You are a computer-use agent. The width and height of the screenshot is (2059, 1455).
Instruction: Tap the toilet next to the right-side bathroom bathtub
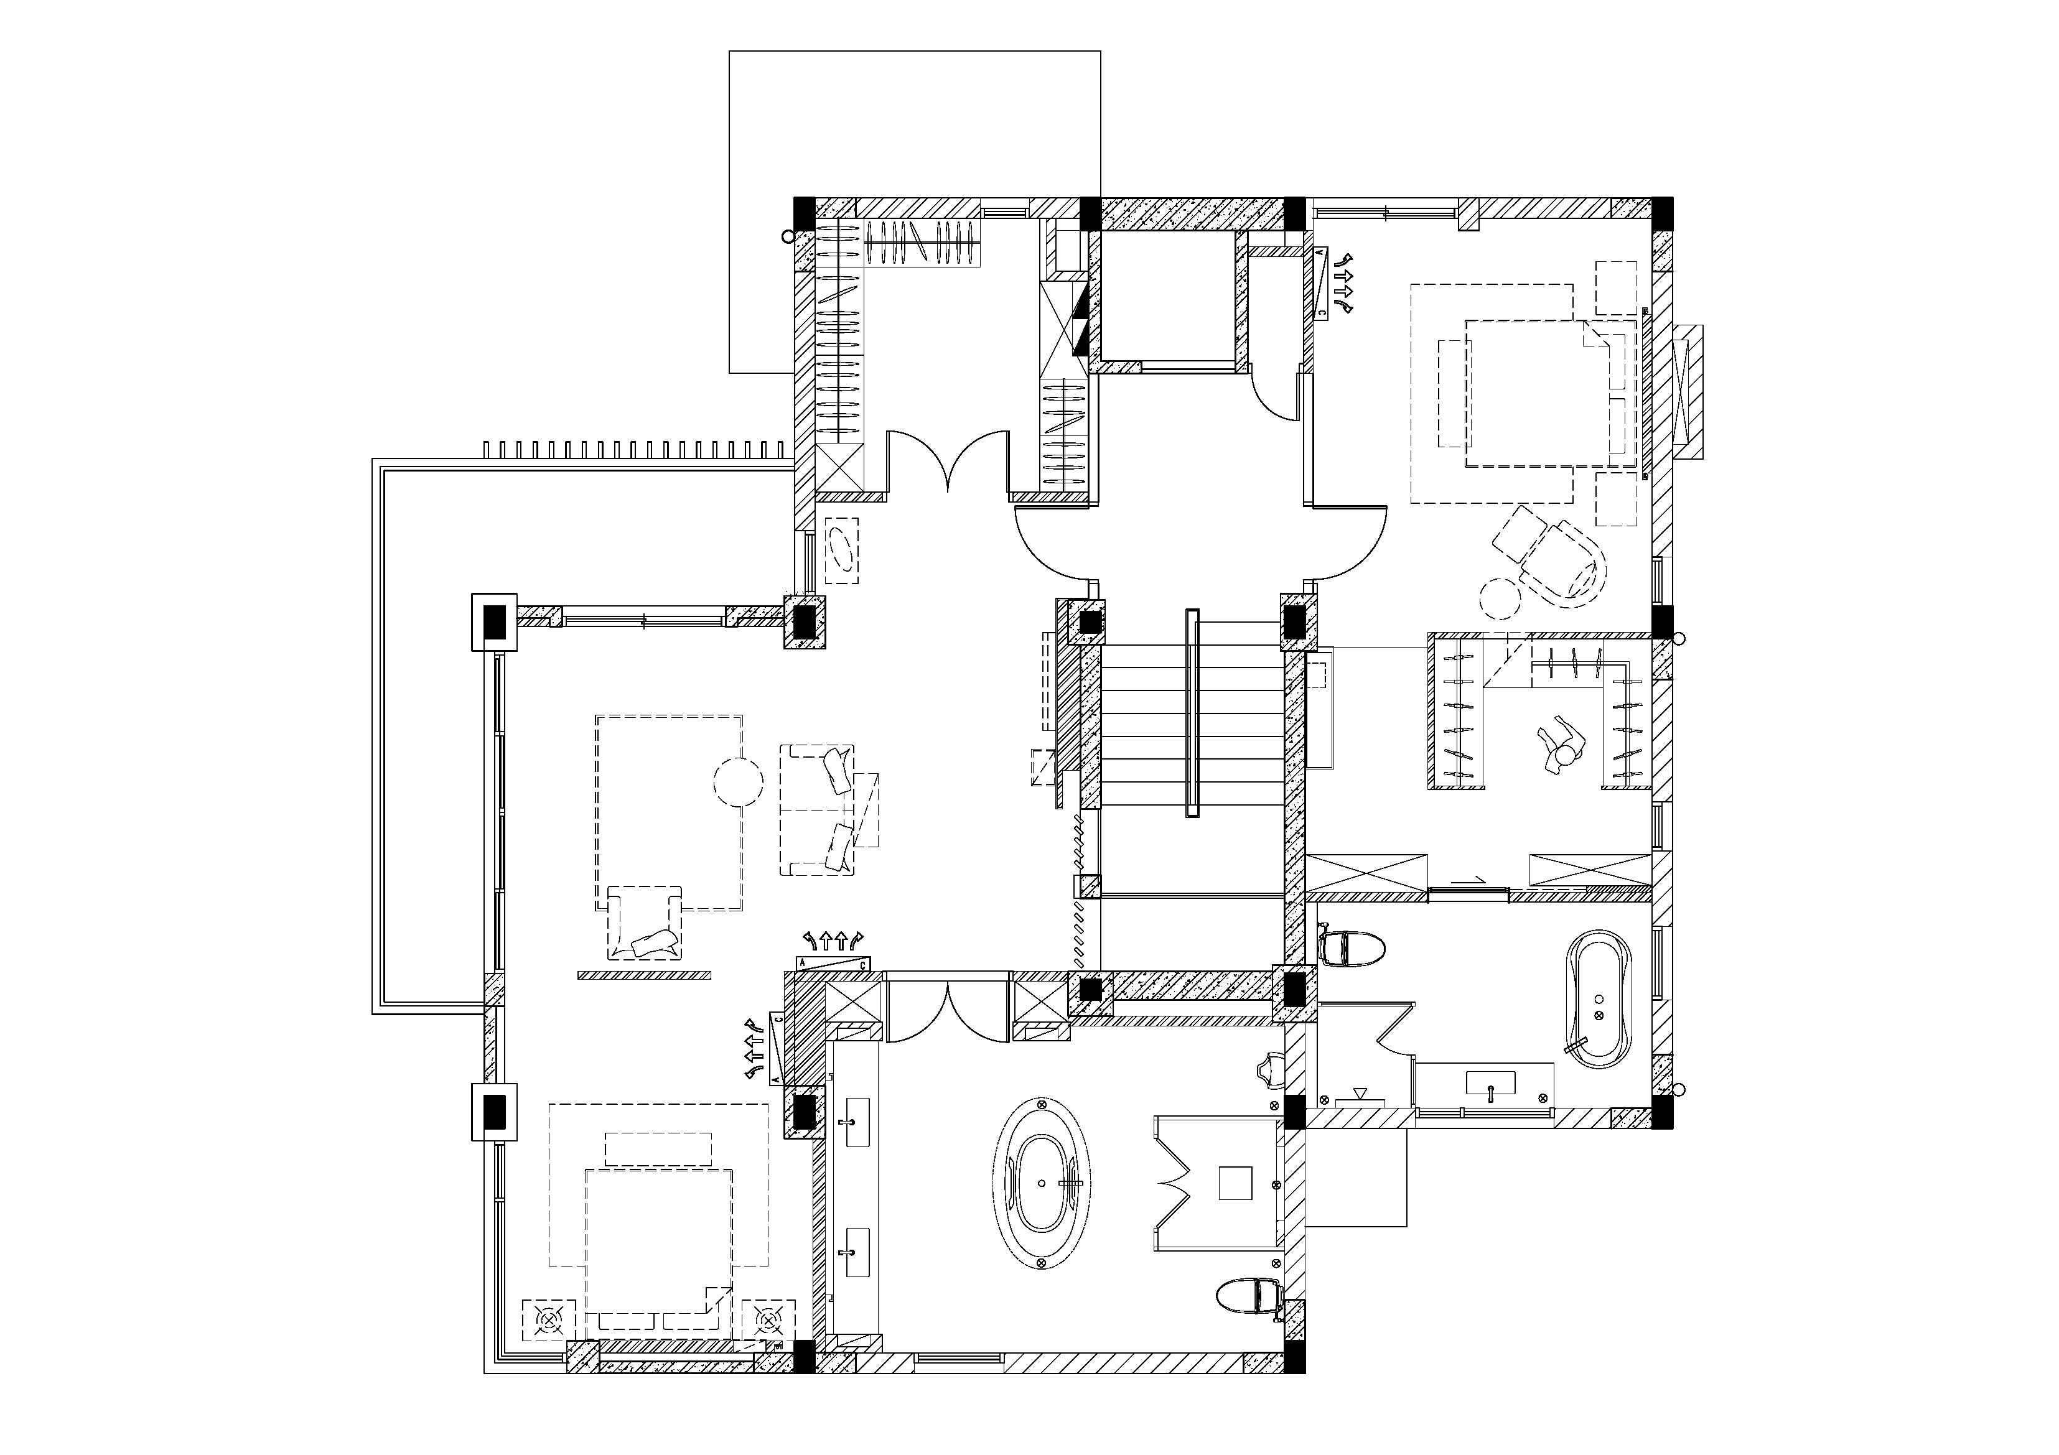click(1352, 947)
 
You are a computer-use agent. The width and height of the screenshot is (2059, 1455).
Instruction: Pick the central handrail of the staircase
click(1192, 713)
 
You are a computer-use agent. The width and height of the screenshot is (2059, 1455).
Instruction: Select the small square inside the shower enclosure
click(1235, 1181)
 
